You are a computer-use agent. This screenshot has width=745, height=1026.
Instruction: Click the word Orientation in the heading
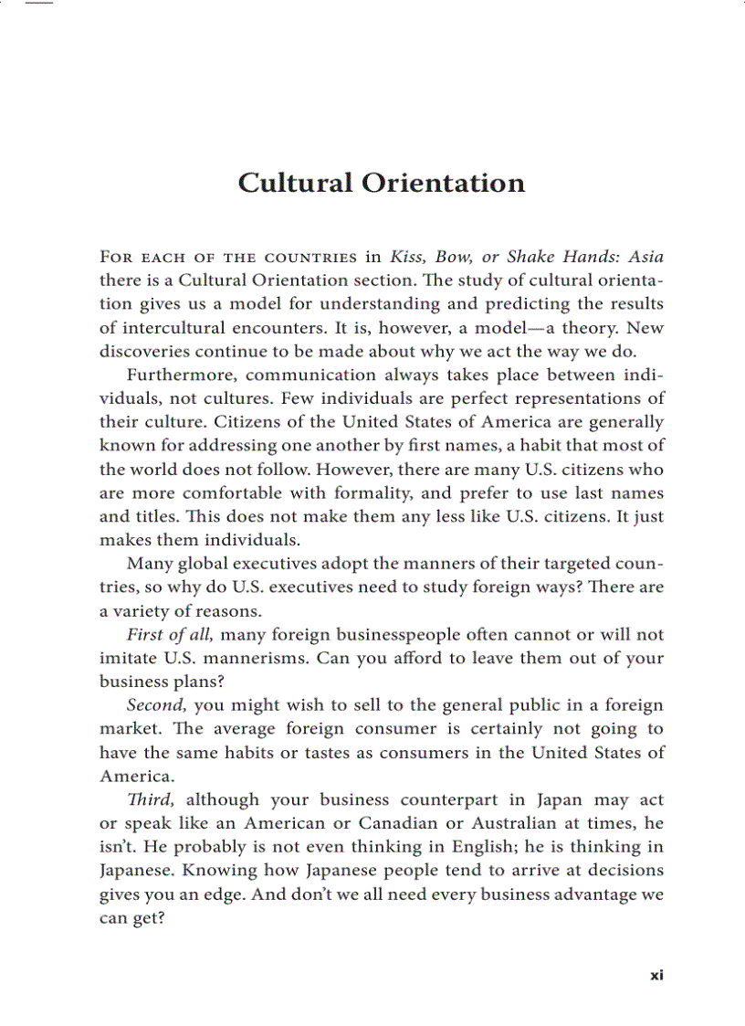pos(443,183)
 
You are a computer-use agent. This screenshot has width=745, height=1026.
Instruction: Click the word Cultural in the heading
pos(296,183)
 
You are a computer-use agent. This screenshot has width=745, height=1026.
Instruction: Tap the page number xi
pos(656,975)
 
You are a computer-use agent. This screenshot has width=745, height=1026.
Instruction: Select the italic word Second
pos(157,705)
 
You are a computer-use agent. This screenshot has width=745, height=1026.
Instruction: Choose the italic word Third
pos(152,800)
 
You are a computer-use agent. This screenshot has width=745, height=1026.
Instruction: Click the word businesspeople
pos(390,635)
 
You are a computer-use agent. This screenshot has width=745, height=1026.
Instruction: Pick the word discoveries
pos(148,351)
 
